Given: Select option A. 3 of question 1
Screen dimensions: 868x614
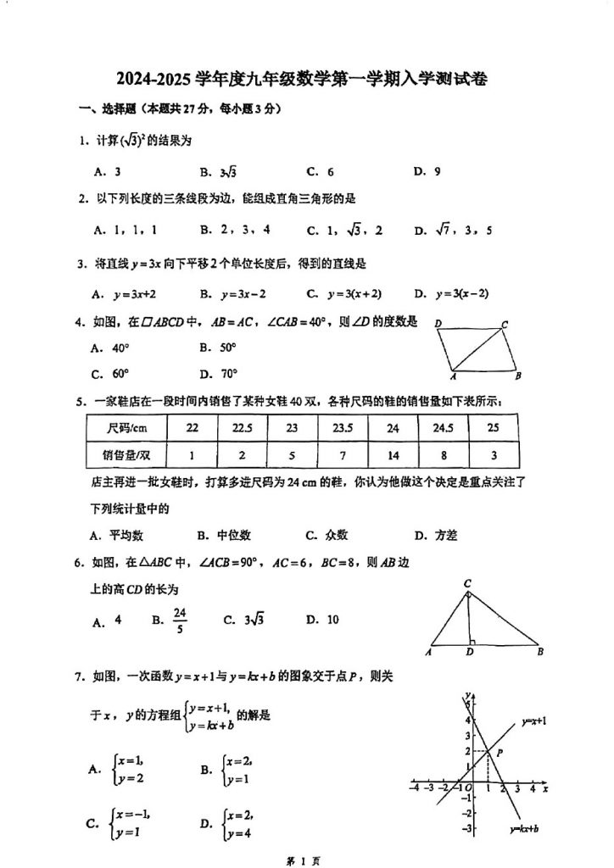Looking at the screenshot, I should point(107,171).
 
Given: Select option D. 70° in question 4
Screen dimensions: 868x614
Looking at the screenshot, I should point(218,373).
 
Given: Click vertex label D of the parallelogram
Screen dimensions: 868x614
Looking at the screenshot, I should point(438,324).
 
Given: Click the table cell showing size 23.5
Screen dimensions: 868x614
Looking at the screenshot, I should point(342,428).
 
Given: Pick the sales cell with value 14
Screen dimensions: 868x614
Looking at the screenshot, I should point(393,455).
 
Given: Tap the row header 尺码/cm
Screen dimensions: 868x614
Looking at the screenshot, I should point(128,428).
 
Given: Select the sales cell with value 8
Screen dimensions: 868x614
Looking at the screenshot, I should point(443,455).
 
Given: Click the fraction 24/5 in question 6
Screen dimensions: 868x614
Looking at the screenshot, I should point(179,620).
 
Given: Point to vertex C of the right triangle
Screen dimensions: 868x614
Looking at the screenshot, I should point(467,584).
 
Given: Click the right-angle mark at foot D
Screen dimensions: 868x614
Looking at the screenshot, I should point(472,641).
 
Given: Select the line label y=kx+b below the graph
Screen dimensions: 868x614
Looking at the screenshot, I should point(525,829).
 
